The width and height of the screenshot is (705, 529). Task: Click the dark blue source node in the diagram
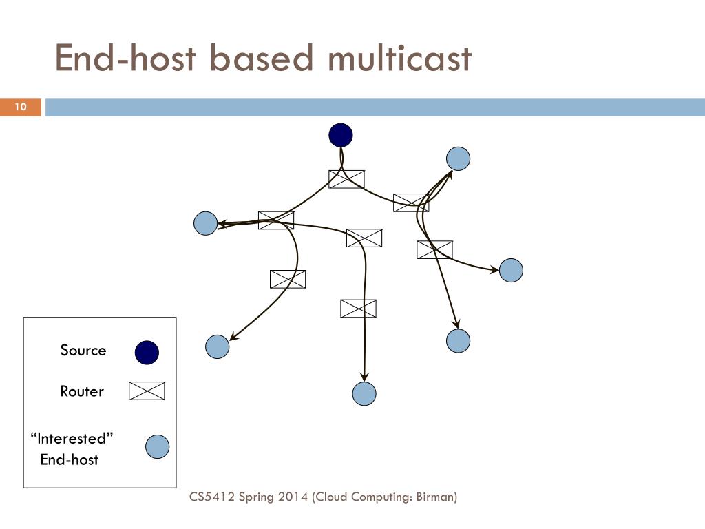click(x=340, y=136)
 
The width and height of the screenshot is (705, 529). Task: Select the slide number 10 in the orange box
click(x=21, y=107)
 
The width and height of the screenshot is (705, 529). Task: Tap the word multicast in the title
click(x=400, y=59)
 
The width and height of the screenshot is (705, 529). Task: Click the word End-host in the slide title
click(x=125, y=58)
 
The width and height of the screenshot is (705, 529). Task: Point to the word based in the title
click(x=261, y=58)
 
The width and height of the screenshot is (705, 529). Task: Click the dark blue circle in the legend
click(x=147, y=352)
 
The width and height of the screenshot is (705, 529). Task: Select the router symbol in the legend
click(x=147, y=391)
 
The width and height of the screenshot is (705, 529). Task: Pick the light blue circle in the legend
click(x=158, y=446)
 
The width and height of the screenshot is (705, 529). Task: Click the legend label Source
click(x=83, y=351)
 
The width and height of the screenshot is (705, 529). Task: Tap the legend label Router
click(x=82, y=391)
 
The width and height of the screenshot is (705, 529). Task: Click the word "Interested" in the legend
click(x=72, y=438)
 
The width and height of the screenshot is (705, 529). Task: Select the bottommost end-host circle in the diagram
click(x=364, y=393)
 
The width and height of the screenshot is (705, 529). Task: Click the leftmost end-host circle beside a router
click(x=205, y=223)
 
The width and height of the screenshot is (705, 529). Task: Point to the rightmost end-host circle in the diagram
click(x=512, y=270)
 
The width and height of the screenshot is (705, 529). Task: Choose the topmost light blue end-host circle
click(x=458, y=159)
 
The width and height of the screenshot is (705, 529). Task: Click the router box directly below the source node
click(x=347, y=180)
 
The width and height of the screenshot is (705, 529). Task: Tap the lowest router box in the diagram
click(x=358, y=309)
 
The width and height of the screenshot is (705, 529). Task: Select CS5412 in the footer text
click(x=212, y=497)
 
